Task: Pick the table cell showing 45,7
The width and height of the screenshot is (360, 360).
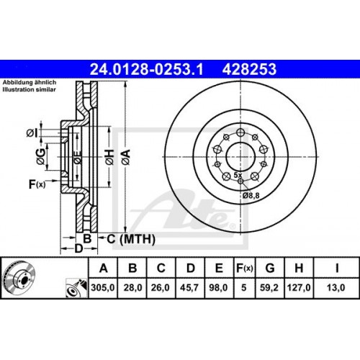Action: (190, 287)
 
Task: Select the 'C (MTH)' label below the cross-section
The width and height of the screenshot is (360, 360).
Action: (123, 238)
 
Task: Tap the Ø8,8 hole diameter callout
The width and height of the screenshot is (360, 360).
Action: (251, 195)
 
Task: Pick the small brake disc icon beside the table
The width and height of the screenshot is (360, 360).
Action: (19, 278)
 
